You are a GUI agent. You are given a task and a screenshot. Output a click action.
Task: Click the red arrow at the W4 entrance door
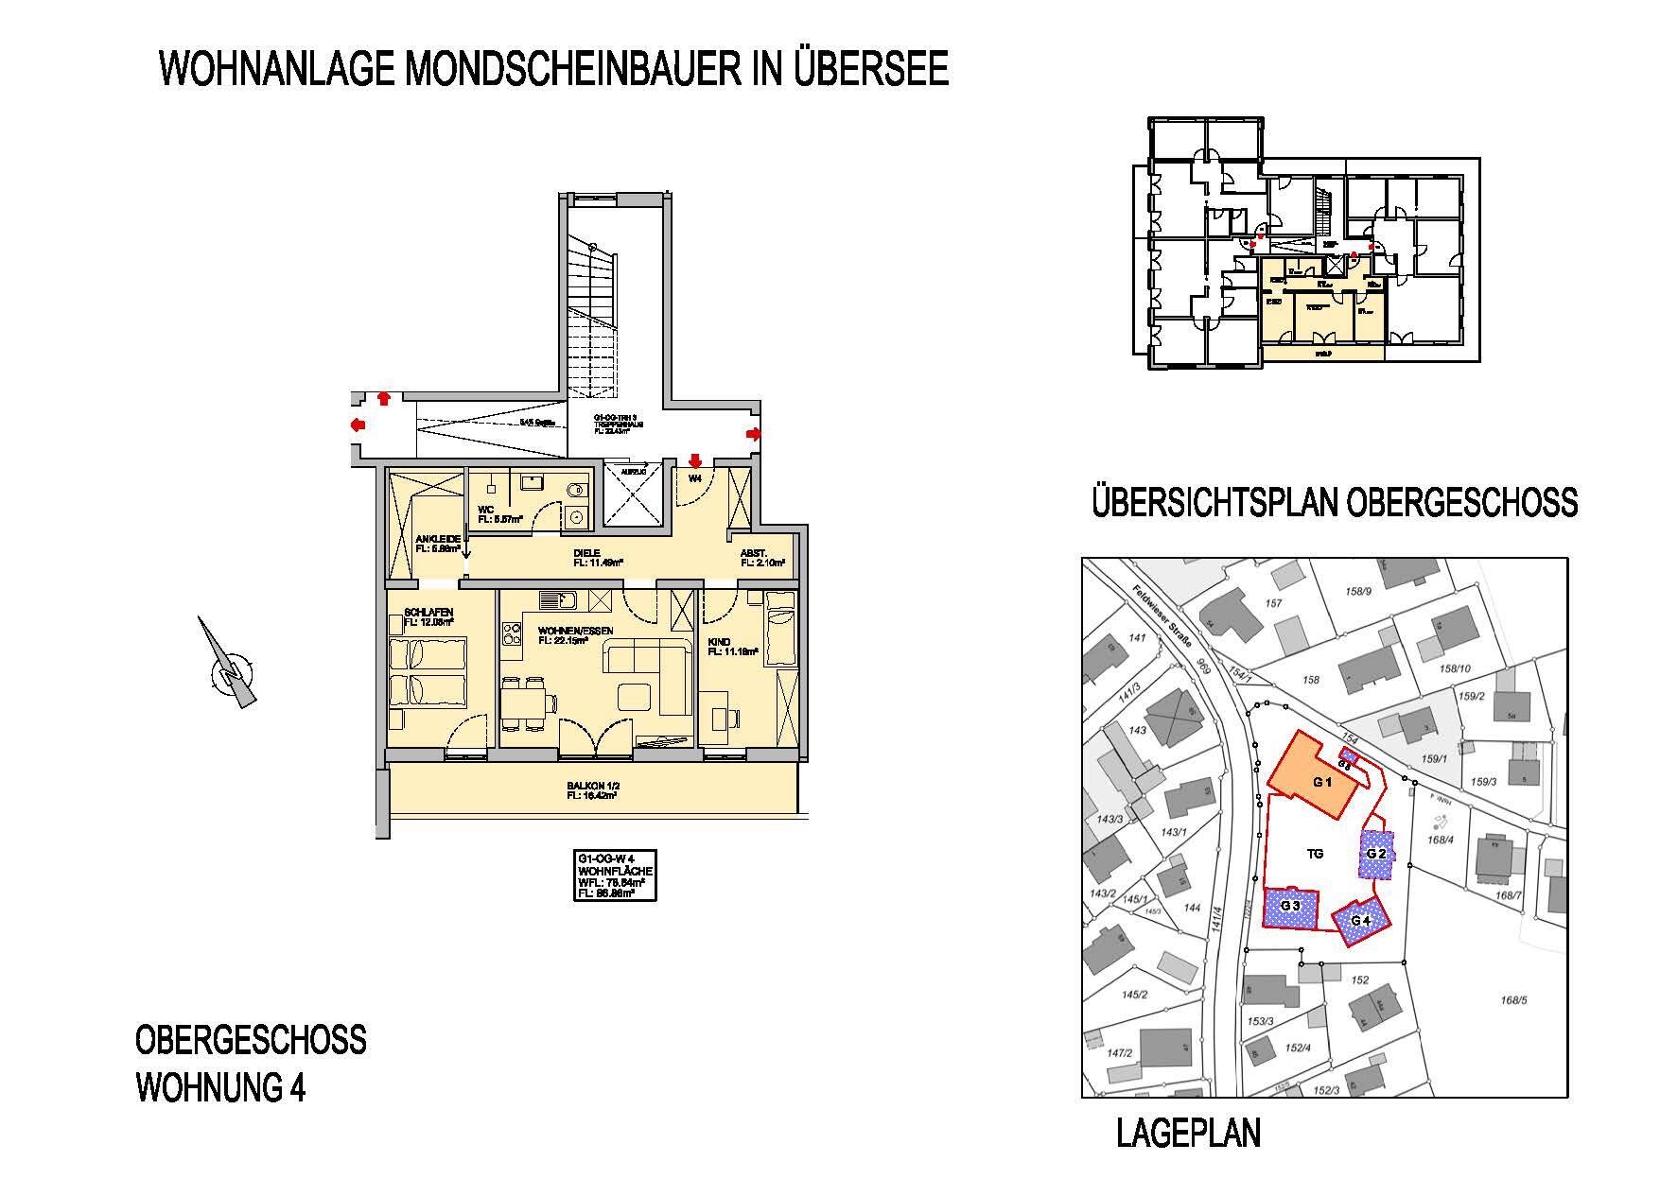(695, 461)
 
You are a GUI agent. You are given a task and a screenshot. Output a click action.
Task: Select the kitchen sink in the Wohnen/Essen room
(559, 599)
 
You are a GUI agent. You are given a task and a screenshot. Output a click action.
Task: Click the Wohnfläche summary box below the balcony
(614, 875)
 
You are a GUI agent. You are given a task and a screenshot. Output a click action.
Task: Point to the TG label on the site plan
(1315, 853)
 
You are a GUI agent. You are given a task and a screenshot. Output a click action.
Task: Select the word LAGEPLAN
(1188, 1134)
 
